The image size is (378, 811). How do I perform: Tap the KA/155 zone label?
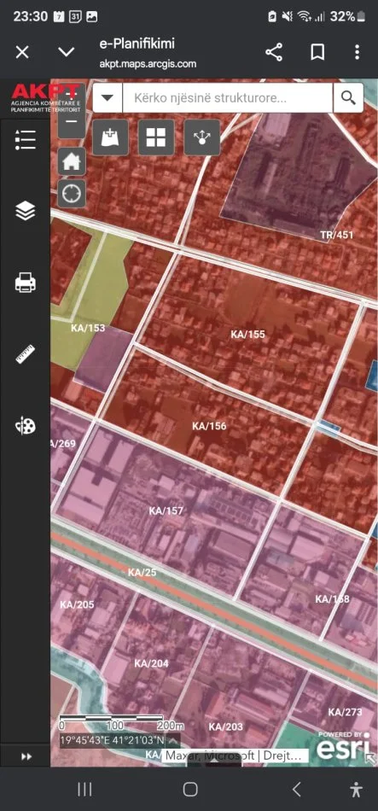point(248,334)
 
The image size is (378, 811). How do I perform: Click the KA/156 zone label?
point(209,426)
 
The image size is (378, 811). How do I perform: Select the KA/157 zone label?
point(166,511)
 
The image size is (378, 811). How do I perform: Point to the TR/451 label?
point(336,235)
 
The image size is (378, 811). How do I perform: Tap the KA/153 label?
point(88,328)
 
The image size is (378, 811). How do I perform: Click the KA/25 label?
point(142,572)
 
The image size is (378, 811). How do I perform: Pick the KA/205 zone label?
point(77,604)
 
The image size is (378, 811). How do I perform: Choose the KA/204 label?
point(152,663)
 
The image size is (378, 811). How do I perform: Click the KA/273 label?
point(345,711)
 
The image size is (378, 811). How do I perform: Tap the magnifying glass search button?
point(347,97)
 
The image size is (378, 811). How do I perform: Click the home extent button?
point(72,160)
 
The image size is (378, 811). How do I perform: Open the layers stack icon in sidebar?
point(26,210)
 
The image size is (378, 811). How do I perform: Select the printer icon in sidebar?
point(26,283)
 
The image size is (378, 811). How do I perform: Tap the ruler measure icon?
point(26,354)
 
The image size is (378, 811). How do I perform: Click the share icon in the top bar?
point(274,52)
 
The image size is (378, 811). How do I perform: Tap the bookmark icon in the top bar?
point(317,52)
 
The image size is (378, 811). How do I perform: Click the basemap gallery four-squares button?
point(155,137)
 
